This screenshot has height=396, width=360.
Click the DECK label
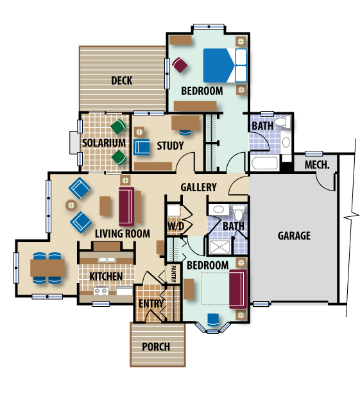click(x=122, y=81)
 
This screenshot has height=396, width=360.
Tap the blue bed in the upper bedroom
click(x=225, y=65)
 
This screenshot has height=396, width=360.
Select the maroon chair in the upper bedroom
click(x=180, y=65)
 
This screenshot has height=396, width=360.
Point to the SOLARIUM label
click(x=104, y=143)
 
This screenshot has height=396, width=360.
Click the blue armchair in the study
click(x=141, y=147)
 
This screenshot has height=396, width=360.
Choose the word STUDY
click(x=170, y=146)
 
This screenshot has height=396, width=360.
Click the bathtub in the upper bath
click(x=264, y=163)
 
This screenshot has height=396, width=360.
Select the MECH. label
click(x=317, y=165)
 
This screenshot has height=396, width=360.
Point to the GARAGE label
click(x=294, y=236)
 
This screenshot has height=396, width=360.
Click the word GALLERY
click(x=198, y=187)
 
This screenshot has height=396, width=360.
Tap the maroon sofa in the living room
click(x=126, y=207)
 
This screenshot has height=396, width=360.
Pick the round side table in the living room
click(x=71, y=205)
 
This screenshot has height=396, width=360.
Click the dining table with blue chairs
click(x=47, y=268)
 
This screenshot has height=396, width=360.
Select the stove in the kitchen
click(x=101, y=291)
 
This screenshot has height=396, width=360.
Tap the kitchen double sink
click(x=107, y=260)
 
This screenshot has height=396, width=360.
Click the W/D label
click(x=175, y=227)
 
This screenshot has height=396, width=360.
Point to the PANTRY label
click(x=173, y=274)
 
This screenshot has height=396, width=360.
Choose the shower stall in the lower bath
click(x=220, y=246)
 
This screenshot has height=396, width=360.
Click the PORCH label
click(x=156, y=347)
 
